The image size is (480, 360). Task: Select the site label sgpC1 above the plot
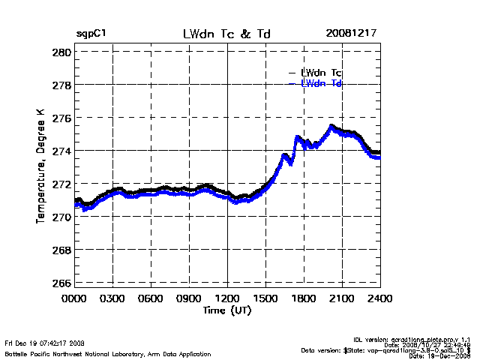click(91, 34)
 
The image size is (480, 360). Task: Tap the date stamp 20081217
click(352, 34)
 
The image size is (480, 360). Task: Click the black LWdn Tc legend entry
click(321, 73)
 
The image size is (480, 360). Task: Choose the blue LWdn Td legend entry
click(321, 83)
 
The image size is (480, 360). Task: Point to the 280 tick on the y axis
click(62, 52)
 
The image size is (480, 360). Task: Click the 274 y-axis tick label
click(62, 151)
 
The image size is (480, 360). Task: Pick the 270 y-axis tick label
click(62, 217)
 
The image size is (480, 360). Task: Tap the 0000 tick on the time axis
click(74, 298)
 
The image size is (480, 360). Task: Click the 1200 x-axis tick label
click(227, 298)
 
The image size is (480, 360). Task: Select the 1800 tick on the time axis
click(304, 298)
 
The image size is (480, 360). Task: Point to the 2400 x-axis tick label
click(380, 298)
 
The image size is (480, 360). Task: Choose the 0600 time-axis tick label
click(151, 298)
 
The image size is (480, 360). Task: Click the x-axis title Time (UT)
click(226, 309)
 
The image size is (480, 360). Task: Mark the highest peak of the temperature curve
click(331, 126)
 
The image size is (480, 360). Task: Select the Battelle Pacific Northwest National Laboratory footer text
click(107, 353)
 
